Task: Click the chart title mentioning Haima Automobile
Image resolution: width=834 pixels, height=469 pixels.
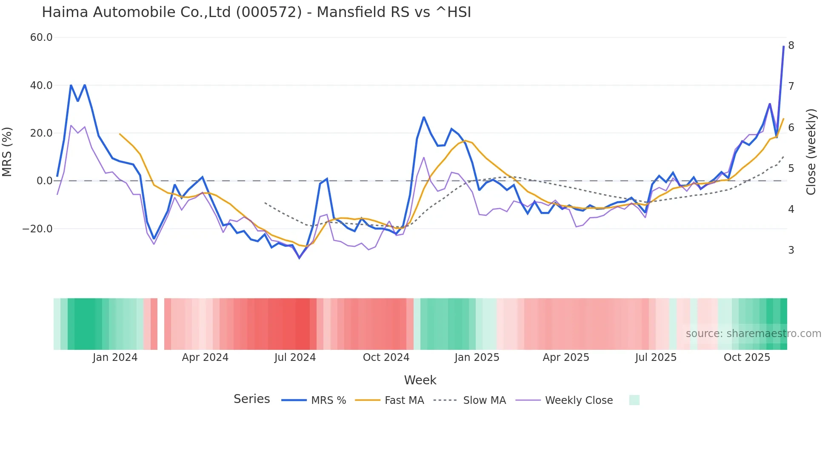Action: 256,12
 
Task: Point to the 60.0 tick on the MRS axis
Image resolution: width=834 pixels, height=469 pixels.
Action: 41,37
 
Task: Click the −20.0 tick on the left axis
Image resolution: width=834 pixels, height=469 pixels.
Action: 37,229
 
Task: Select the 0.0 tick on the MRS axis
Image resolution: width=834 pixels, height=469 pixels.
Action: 44,181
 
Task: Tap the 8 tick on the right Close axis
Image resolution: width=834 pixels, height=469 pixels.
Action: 791,46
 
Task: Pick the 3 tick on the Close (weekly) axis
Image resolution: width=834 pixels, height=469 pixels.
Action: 791,250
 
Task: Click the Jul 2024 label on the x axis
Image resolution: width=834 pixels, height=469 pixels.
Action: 295,357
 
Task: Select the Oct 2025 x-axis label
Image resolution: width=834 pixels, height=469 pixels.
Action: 747,357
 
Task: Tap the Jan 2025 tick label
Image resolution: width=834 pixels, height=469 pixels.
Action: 477,357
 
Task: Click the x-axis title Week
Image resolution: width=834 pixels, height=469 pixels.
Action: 420,380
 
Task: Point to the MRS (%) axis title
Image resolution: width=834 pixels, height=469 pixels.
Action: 7,152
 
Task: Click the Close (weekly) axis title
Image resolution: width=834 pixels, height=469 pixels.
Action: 811,152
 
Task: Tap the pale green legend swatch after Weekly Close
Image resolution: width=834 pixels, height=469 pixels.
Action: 634,400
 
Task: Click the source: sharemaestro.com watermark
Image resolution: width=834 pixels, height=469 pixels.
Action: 753,334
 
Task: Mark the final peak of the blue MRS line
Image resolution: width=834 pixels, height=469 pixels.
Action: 783,46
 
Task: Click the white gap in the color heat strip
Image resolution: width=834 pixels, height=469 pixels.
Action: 161,324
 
